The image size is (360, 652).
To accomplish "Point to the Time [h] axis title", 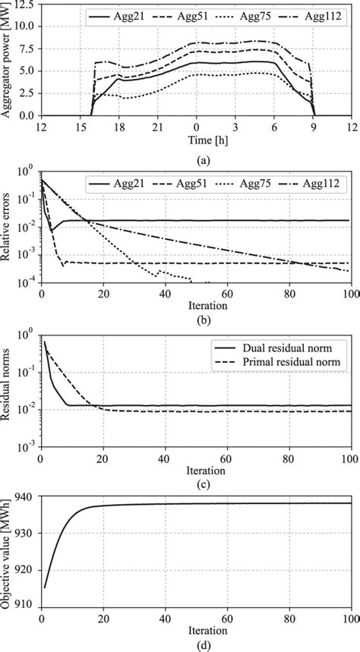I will pos(197,142).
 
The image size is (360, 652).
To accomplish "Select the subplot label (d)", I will pos(197,645).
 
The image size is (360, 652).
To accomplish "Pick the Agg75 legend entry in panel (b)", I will pos(261,184).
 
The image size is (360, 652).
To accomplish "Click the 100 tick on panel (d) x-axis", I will pos(350,619).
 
